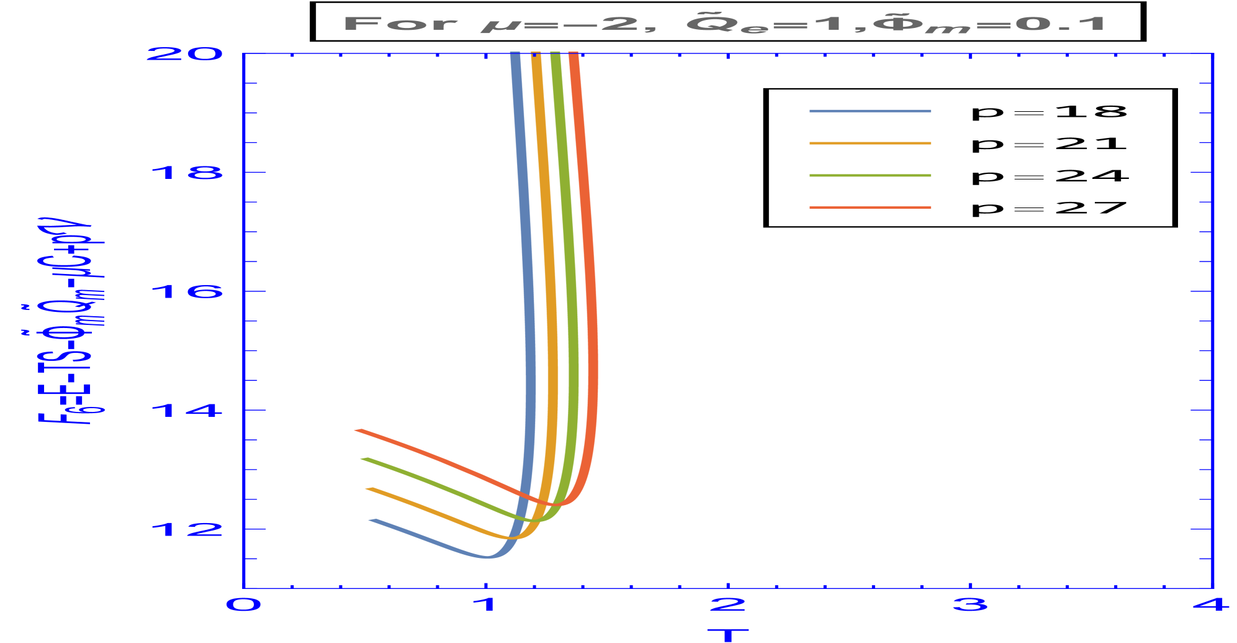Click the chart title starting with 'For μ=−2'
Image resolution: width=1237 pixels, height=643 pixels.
(x=724, y=25)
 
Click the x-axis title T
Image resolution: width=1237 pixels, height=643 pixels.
(x=728, y=634)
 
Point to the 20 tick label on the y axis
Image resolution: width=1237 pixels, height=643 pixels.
(x=184, y=53)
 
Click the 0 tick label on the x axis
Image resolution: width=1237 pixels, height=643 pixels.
(x=243, y=604)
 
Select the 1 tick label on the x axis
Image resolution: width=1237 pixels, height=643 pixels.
(x=485, y=604)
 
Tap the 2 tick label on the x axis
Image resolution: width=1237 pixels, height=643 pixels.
(x=727, y=604)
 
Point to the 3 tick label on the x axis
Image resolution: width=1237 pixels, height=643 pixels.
(x=970, y=604)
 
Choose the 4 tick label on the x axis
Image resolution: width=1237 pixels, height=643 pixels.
(x=1212, y=604)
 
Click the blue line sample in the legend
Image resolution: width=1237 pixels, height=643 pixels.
(x=870, y=111)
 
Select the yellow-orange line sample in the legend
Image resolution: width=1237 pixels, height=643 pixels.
(x=870, y=144)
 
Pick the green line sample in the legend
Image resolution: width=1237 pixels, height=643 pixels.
(x=870, y=176)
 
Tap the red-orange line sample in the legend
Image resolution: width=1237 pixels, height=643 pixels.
(x=870, y=207)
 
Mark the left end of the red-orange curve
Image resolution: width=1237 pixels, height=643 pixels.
(x=356, y=430)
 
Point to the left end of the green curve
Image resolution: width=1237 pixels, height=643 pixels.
(x=362, y=459)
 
